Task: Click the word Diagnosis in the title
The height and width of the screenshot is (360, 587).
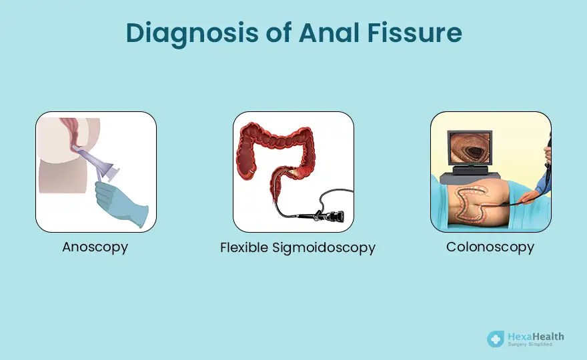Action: coord(192,33)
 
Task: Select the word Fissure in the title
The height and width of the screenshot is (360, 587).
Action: coord(414,32)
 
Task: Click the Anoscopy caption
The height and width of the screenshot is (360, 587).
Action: coord(95,247)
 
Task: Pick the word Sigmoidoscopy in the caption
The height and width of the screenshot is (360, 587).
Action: coord(324,248)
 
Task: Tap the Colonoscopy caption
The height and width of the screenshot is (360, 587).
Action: coord(490,247)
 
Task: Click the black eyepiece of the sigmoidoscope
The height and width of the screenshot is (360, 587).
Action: coord(334,216)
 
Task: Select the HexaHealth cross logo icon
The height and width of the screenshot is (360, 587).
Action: coord(496,339)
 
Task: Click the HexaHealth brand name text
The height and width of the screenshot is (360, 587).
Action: coord(536,337)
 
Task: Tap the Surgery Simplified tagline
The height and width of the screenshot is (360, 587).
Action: coord(530,344)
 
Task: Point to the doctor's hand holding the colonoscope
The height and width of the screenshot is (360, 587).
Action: coord(531,196)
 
